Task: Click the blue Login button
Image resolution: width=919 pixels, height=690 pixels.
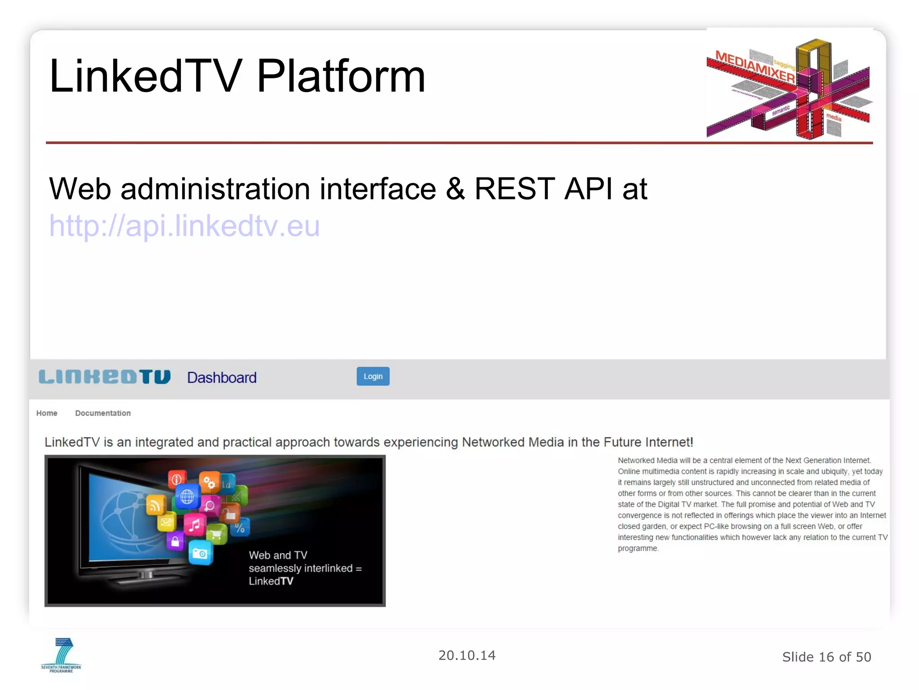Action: (373, 376)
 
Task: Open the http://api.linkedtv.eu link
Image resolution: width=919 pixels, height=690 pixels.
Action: (184, 226)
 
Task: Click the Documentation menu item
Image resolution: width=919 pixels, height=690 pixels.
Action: (103, 413)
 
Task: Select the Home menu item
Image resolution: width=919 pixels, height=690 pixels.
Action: (47, 413)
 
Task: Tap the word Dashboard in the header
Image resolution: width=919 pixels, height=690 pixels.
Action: (222, 378)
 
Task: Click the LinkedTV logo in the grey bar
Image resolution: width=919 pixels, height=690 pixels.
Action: (105, 377)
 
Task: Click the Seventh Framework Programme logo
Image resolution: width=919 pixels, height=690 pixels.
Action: (61, 655)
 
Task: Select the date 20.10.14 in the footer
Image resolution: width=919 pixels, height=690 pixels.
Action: (467, 655)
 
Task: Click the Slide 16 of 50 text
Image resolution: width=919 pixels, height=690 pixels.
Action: (827, 657)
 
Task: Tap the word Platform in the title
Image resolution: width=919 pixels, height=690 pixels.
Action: (341, 76)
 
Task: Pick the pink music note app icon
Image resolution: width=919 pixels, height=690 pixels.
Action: (195, 525)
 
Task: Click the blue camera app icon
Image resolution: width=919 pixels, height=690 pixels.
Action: (200, 553)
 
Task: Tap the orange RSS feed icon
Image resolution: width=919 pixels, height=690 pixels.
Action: (155, 506)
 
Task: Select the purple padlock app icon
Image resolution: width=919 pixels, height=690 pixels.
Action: (175, 541)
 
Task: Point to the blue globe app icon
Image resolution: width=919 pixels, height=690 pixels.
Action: (187, 496)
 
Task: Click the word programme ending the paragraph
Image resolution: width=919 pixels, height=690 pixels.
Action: (638, 548)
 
